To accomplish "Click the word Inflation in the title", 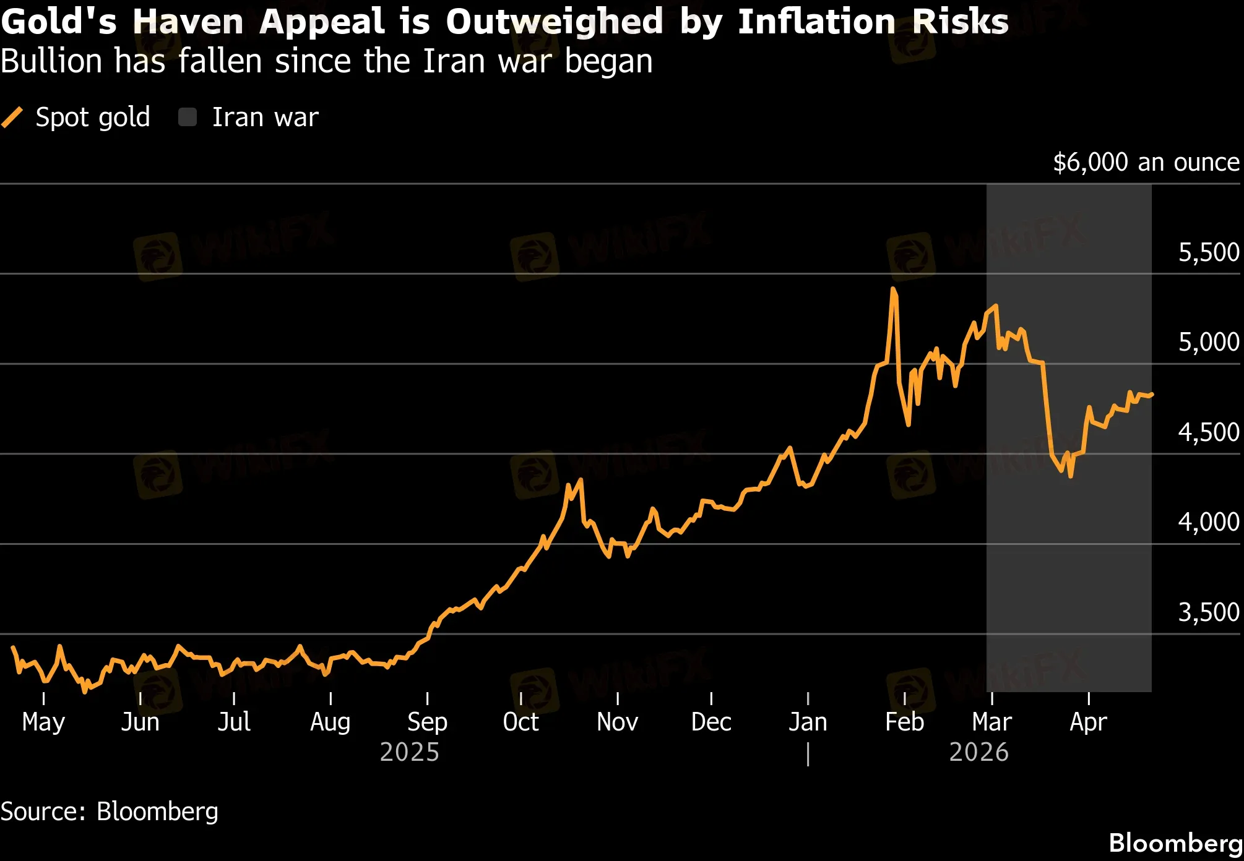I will [x=816, y=22].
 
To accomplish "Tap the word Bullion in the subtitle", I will [x=51, y=61].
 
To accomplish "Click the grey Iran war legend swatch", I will [x=188, y=117].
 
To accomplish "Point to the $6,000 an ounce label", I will [x=1146, y=162].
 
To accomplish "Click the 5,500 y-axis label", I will [x=1208, y=252].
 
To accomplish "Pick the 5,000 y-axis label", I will [x=1208, y=342].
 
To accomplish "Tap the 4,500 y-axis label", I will [x=1208, y=432].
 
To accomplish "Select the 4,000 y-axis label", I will [x=1208, y=522].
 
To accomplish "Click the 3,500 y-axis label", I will [x=1208, y=612].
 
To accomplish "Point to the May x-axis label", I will [x=43, y=722].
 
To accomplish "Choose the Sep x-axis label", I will [x=427, y=722].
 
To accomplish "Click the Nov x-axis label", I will [x=617, y=722].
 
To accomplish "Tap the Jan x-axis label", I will [x=808, y=722].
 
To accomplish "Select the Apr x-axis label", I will [x=1088, y=722].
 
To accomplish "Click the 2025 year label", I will [x=409, y=752].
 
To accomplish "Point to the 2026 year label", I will [x=978, y=752].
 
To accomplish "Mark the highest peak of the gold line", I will [x=893, y=288].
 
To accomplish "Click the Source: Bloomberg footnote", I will [x=110, y=812].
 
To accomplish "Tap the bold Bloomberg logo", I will [x=1175, y=843].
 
